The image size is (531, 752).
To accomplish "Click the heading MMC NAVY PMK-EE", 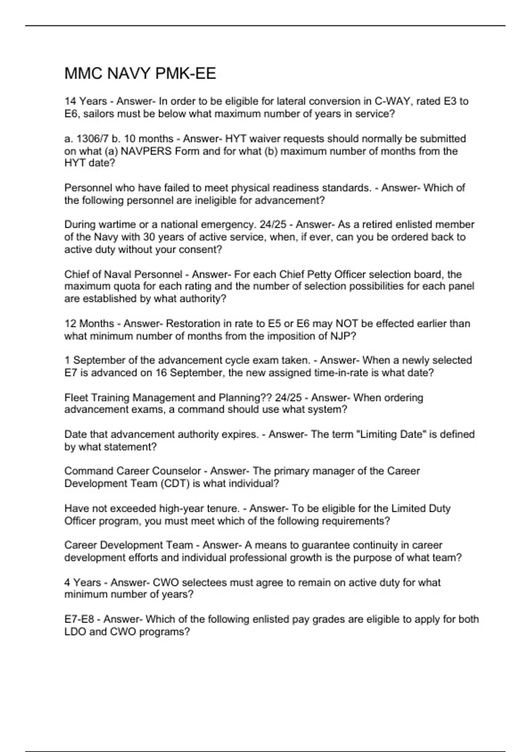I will pyautogui.click(x=140, y=73).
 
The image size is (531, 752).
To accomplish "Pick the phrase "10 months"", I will pyautogui.click(x=149, y=139).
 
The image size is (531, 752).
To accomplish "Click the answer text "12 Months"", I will pyautogui.click(x=89, y=324).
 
